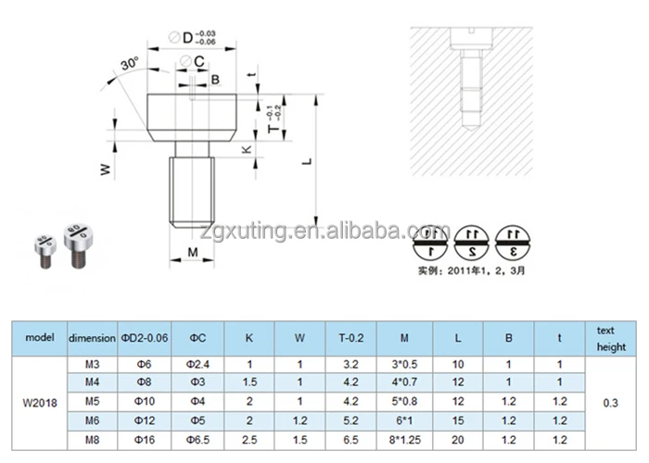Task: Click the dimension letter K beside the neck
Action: tap(246, 148)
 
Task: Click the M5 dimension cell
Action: tap(92, 403)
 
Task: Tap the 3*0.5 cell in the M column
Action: tap(405, 365)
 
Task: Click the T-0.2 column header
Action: tap(351, 337)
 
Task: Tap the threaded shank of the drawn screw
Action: tap(193, 191)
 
